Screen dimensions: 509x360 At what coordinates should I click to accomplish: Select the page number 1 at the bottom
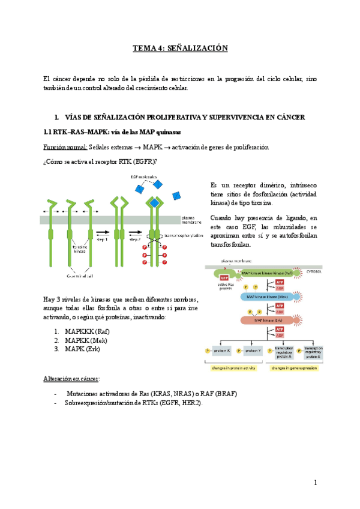click(x=314, y=483)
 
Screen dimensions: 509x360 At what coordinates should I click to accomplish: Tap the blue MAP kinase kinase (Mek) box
click(x=265, y=296)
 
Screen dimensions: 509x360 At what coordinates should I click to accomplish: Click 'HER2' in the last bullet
click(x=190, y=403)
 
